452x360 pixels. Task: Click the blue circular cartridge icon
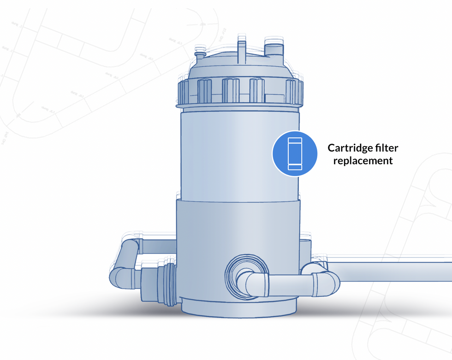[x=294, y=153]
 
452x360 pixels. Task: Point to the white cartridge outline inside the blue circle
[x=294, y=153]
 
